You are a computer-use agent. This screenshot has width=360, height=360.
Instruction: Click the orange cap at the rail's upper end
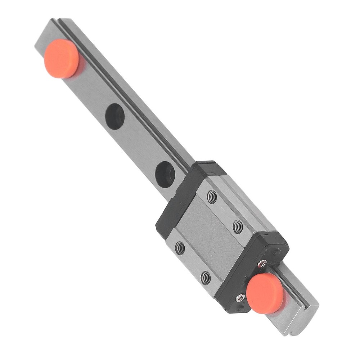pos(62,59)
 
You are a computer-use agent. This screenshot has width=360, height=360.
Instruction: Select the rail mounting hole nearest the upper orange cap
pos(115,116)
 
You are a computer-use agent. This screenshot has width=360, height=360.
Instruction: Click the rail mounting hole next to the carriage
pos(165,174)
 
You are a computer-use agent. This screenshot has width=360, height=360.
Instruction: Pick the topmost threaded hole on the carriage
pos(212,197)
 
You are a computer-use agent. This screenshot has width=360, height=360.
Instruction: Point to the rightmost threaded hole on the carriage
pos(238,226)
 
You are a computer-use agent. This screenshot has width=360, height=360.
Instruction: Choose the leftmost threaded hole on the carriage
pos(180,248)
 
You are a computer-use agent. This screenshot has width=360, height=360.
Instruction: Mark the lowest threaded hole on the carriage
pos(206,277)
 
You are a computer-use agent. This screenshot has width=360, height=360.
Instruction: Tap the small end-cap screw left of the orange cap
pos(240,298)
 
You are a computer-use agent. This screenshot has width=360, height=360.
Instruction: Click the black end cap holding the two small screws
pos(252,274)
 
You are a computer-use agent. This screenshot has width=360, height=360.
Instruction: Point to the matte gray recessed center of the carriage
pos(209,238)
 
